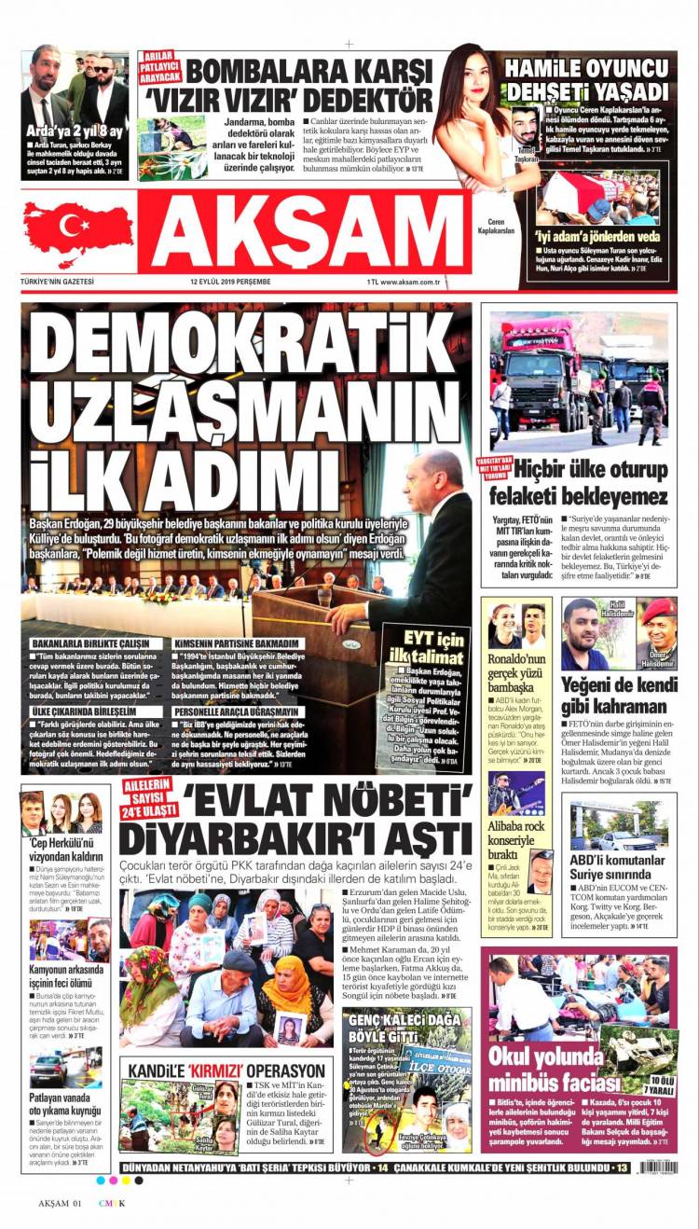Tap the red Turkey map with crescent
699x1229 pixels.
(x=78, y=229)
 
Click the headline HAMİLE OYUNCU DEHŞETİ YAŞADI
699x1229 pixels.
(x=586, y=79)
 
